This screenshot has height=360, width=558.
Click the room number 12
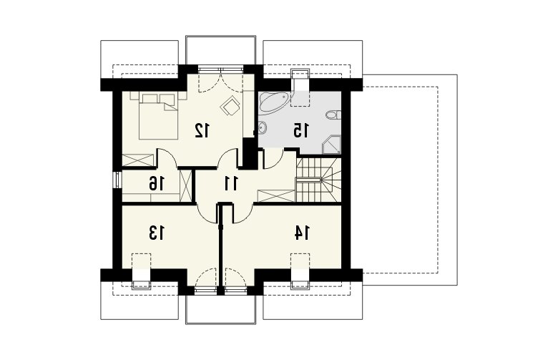point(202,130)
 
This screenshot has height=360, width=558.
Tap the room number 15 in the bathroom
point(301,130)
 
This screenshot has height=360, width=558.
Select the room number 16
point(157,183)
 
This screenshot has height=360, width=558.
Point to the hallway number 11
point(231,183)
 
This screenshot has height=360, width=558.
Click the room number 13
point(157,233)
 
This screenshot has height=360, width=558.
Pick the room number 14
point(302,233)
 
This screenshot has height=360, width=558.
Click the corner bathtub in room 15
point(274,102)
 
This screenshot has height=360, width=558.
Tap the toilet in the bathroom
point(333,115)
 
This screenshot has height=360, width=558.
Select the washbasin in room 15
point(263,127)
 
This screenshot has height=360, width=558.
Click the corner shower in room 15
point(331,145)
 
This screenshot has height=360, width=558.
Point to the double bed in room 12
point(158,116)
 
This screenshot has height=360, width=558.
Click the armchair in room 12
point(230,106)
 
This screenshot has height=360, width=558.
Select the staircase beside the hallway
point(318,180)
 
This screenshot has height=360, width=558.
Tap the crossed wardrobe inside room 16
point(185,186)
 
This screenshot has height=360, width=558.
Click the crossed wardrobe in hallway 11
point(276,196)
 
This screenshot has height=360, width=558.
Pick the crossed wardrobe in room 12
point(138,160)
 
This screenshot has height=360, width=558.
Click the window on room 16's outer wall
point(117,180)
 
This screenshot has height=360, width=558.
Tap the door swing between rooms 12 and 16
point(167,157)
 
